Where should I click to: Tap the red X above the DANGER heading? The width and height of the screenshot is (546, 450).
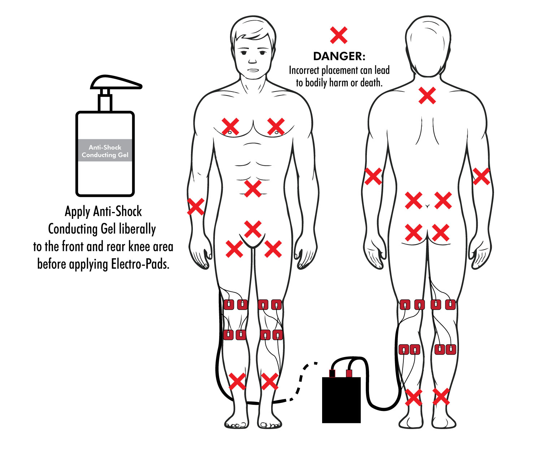[x=338, y=35]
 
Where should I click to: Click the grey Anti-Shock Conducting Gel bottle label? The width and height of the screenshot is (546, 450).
[x=105, y=150]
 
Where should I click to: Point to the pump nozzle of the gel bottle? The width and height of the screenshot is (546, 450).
[x=116, y=82]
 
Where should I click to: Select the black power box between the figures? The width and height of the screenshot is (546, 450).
[x=341, y=400]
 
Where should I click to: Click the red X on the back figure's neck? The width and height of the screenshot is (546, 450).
[x=427, y=96]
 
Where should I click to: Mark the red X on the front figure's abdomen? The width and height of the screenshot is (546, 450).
[x=253, y=189]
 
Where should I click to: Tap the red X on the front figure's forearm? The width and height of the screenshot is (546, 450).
[x=195, y=207]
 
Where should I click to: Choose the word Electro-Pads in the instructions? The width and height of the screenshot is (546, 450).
[x=140, y=264]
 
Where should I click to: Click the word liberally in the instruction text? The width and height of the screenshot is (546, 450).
[x=137, y=229]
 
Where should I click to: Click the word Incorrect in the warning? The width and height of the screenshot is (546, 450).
[x=304, y=70]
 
